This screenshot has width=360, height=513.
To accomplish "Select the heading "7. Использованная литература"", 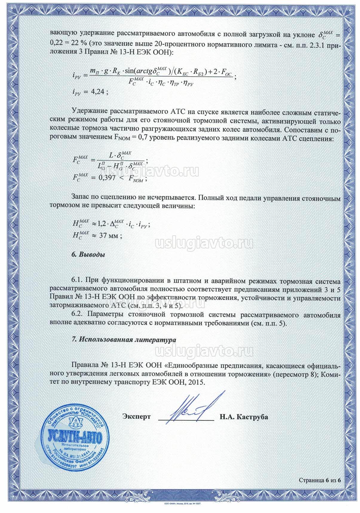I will coord(124,340).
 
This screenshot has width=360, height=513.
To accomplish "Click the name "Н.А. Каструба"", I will coord(244,417).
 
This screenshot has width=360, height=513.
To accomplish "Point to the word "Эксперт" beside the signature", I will coord(137,417).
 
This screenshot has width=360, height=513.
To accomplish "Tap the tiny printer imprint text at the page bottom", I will coord(182,503).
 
